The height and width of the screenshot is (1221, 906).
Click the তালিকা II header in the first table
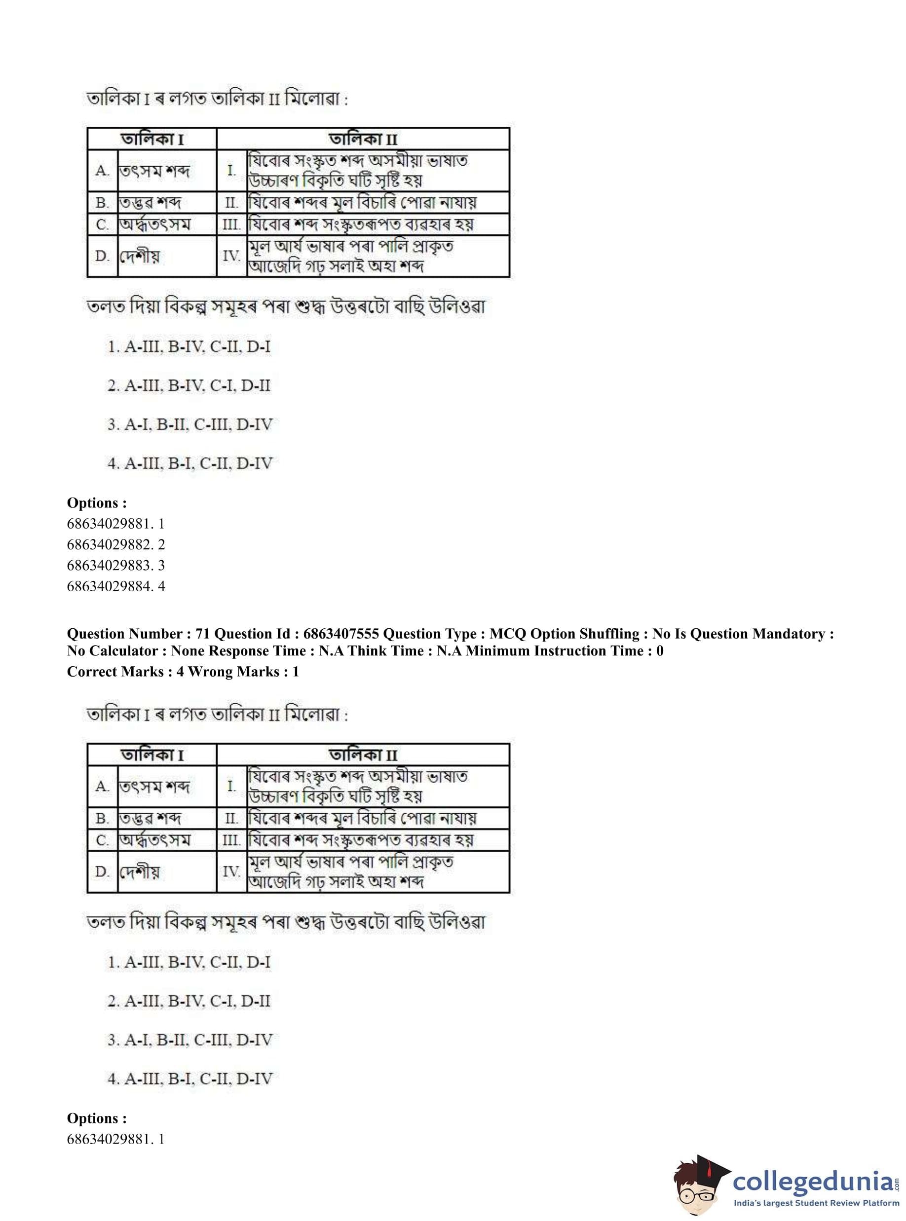pyautogui.click(x=363, y=139)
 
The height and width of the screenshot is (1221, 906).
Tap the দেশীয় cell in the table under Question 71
pyautogui.click(x=139, y=871)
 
